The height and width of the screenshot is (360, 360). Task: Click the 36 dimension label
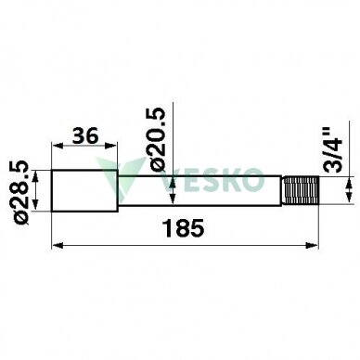tap(85, 135)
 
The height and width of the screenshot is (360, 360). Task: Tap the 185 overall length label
tap(184, 228)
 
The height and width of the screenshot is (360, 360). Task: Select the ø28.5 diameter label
tap(22, 192)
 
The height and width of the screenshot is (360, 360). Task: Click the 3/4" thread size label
tap(332, 149)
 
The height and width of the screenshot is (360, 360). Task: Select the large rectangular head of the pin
tap(84, 191)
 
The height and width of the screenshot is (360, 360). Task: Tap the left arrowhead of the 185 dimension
tap(58, 246)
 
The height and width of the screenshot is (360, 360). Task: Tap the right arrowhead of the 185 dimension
tap(312, 246)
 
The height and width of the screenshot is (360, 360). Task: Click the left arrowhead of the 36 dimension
tap(58, 145)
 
